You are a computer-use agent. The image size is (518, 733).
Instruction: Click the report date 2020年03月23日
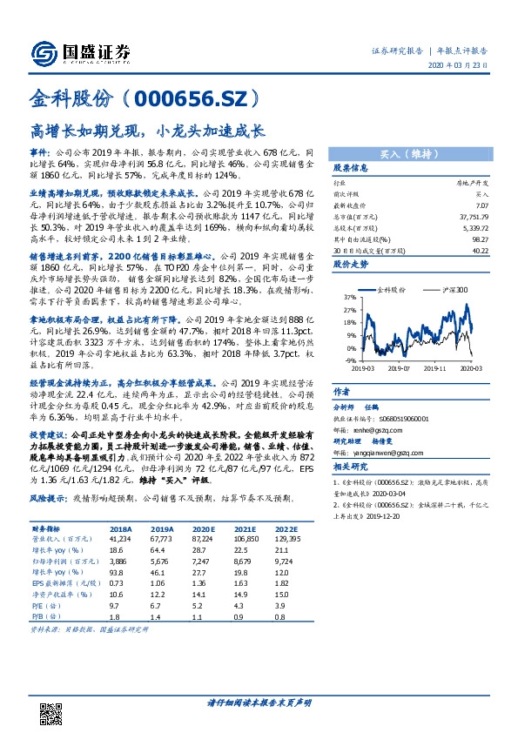[x=465, y=67]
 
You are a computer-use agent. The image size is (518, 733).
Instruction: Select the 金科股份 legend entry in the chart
[x=391, y=288]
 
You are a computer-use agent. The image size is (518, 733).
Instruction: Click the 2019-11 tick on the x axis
[x=440, y=368]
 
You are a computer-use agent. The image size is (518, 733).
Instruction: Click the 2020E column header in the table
[x=204, y=528]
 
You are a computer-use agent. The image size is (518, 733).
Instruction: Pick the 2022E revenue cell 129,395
[x=287, y=540]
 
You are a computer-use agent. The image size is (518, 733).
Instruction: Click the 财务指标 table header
[x=47, y=528]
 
